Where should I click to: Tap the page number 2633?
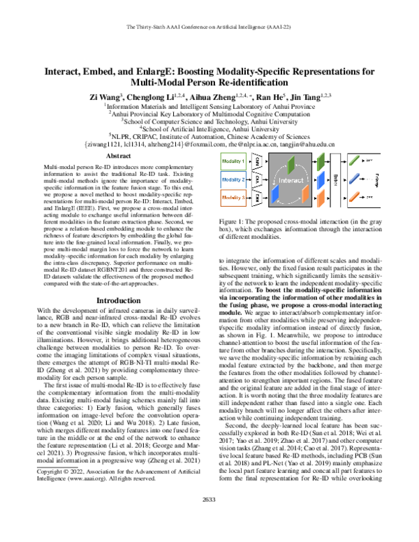point(209,518)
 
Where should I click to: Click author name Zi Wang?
point(103,96)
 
